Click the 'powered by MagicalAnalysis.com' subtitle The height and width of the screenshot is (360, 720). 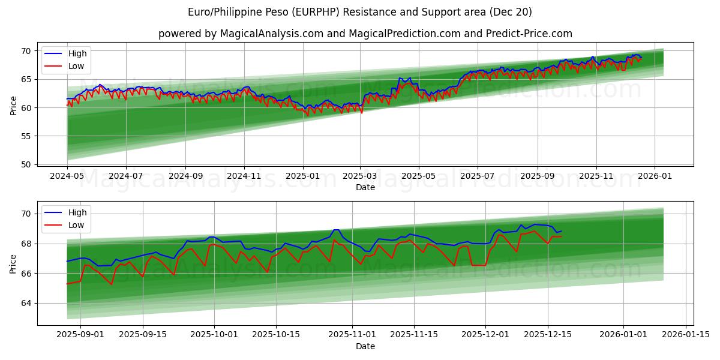coord(365,34)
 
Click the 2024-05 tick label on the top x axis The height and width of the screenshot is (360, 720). coord(67,176)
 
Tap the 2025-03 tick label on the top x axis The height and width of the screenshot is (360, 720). coord(360,176)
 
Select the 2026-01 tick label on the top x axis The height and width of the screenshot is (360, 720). coord(654,176)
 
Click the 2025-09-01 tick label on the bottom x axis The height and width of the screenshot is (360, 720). coord(80,335)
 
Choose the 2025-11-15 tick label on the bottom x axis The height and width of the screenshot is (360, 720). coord(413,335)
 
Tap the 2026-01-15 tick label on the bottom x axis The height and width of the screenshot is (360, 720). coord(686,335)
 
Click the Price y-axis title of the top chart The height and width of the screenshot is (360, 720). coord(13,106)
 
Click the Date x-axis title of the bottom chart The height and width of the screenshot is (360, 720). coord(365,346)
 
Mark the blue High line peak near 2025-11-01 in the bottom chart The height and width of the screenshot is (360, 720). coord(336,230)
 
